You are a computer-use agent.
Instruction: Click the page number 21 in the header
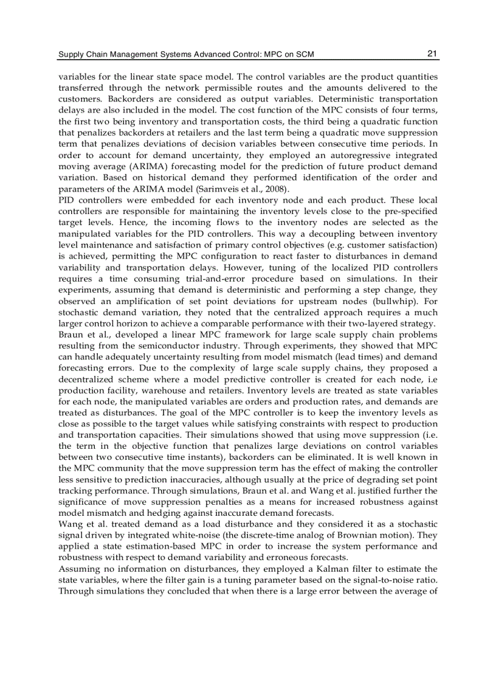click(x=432, y=54)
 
